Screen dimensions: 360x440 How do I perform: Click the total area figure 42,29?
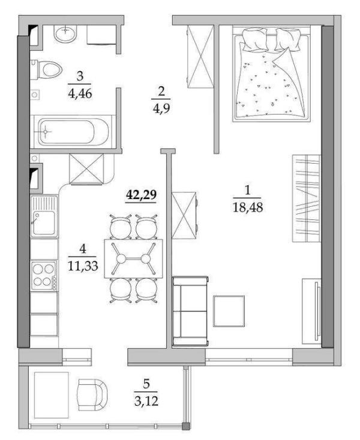(141, 195)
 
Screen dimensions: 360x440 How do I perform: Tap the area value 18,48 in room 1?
(248, 207)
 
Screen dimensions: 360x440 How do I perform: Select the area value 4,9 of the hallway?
(161, 108)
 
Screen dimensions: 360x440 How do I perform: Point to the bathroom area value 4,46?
(80, 93)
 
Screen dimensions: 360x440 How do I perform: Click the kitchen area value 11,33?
(83, 266)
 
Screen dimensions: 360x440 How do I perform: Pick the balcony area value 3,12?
(146, 400)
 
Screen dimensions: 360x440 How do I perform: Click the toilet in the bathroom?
(46, 69)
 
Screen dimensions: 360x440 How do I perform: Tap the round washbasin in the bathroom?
(65, 34)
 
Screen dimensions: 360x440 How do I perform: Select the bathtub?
(73, 132)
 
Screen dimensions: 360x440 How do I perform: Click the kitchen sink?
(44, 216)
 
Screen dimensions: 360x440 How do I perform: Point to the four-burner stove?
(44, 276)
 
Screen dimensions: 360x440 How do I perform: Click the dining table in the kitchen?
(133, 258)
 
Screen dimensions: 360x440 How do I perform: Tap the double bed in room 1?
(271, 74)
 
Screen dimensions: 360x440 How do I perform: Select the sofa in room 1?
(190, 311)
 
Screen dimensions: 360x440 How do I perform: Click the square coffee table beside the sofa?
(229, 311)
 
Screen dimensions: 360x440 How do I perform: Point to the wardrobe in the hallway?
(200, 56)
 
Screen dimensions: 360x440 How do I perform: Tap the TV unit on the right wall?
(312, 311)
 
